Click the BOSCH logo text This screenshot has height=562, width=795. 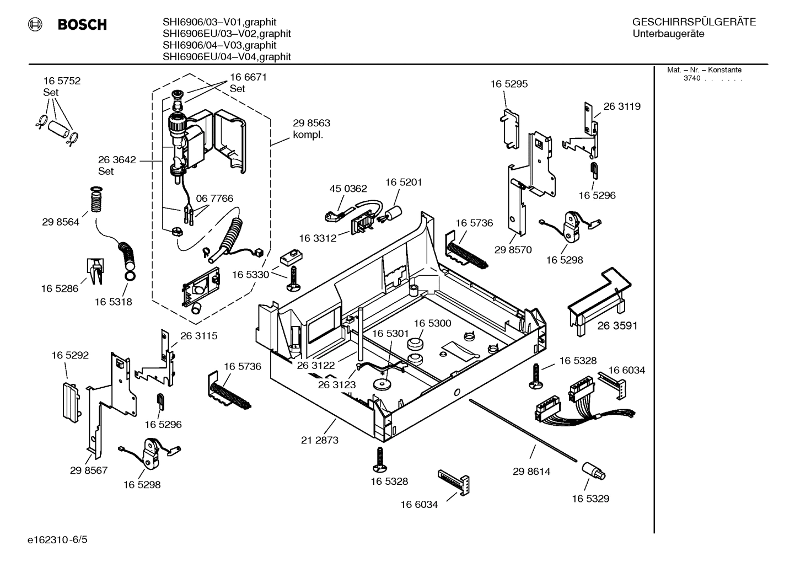(82, 25)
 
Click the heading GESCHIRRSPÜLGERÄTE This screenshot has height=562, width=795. (694, 22)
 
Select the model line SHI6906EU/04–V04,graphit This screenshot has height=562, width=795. (227, 57)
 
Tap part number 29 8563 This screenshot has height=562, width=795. (311, 123)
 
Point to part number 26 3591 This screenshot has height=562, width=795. (617, 326)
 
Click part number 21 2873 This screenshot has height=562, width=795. (320, 440)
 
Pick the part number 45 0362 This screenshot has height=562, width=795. (348, 189)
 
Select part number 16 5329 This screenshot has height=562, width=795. (590, 499)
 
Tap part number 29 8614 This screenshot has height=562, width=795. (531, 472)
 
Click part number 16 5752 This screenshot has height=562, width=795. (62, 81)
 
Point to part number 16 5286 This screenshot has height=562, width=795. (60, 288)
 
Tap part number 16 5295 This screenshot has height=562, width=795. (509, 84)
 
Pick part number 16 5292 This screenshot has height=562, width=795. (70, 356)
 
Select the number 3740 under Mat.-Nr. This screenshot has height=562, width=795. (691, 78)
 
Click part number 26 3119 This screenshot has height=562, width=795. (622, 106)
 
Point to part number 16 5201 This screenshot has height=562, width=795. (404, 182)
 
